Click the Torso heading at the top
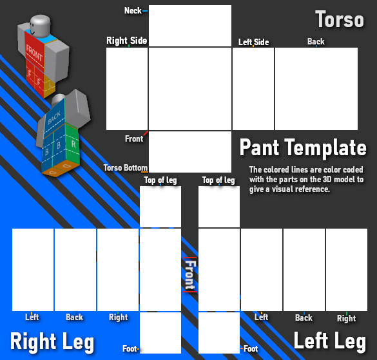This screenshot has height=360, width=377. (340, 19)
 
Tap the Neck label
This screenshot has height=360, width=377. (133, 11)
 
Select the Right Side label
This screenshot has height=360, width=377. (126, 41)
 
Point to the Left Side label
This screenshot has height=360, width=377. (253, 42)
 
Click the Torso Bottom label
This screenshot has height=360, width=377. (125, 168)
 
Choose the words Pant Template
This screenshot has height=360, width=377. (303, 147)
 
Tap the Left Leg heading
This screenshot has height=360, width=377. (330, 340)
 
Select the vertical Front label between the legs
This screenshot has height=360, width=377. (189, 275)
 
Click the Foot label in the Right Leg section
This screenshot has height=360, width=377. (130, 348)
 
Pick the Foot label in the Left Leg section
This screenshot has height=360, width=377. (251, 348)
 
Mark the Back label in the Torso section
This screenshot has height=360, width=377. (316, 41)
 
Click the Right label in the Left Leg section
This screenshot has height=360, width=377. (346, 318)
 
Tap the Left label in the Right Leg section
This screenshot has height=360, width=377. (32, 317)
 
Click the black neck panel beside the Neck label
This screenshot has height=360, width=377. (189, 25)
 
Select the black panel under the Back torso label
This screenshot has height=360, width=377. (316, 89)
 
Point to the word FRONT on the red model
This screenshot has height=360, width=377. (34, 55)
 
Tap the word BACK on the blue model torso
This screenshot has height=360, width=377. (54, 116)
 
